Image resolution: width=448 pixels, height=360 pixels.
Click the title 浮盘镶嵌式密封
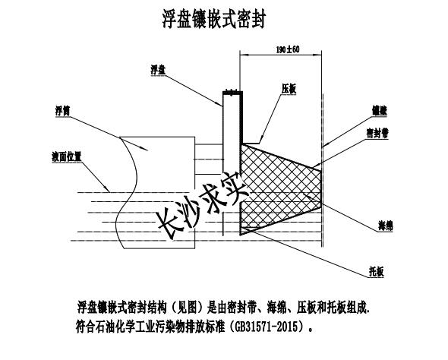click(x=214, y=19)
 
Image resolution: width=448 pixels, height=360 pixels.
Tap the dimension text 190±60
click(x=288, y=49)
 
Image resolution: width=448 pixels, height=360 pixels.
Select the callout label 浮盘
click(x=158, y=70)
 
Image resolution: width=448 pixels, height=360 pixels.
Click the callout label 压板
click(x=289, y=89)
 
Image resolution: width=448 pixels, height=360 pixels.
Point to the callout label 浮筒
click(x=62, y=111)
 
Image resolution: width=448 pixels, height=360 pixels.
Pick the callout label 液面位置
click(x=67, y=157)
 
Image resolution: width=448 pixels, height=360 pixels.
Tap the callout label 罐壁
click(x=380, y=111)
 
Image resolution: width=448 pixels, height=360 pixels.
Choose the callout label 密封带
click(x=377, y=133)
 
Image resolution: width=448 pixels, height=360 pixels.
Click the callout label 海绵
click(x=386, y=226)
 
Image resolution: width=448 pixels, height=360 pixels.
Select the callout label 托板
click(x=377, y=273)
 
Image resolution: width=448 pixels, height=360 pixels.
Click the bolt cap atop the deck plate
click(x=232, y=92)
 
